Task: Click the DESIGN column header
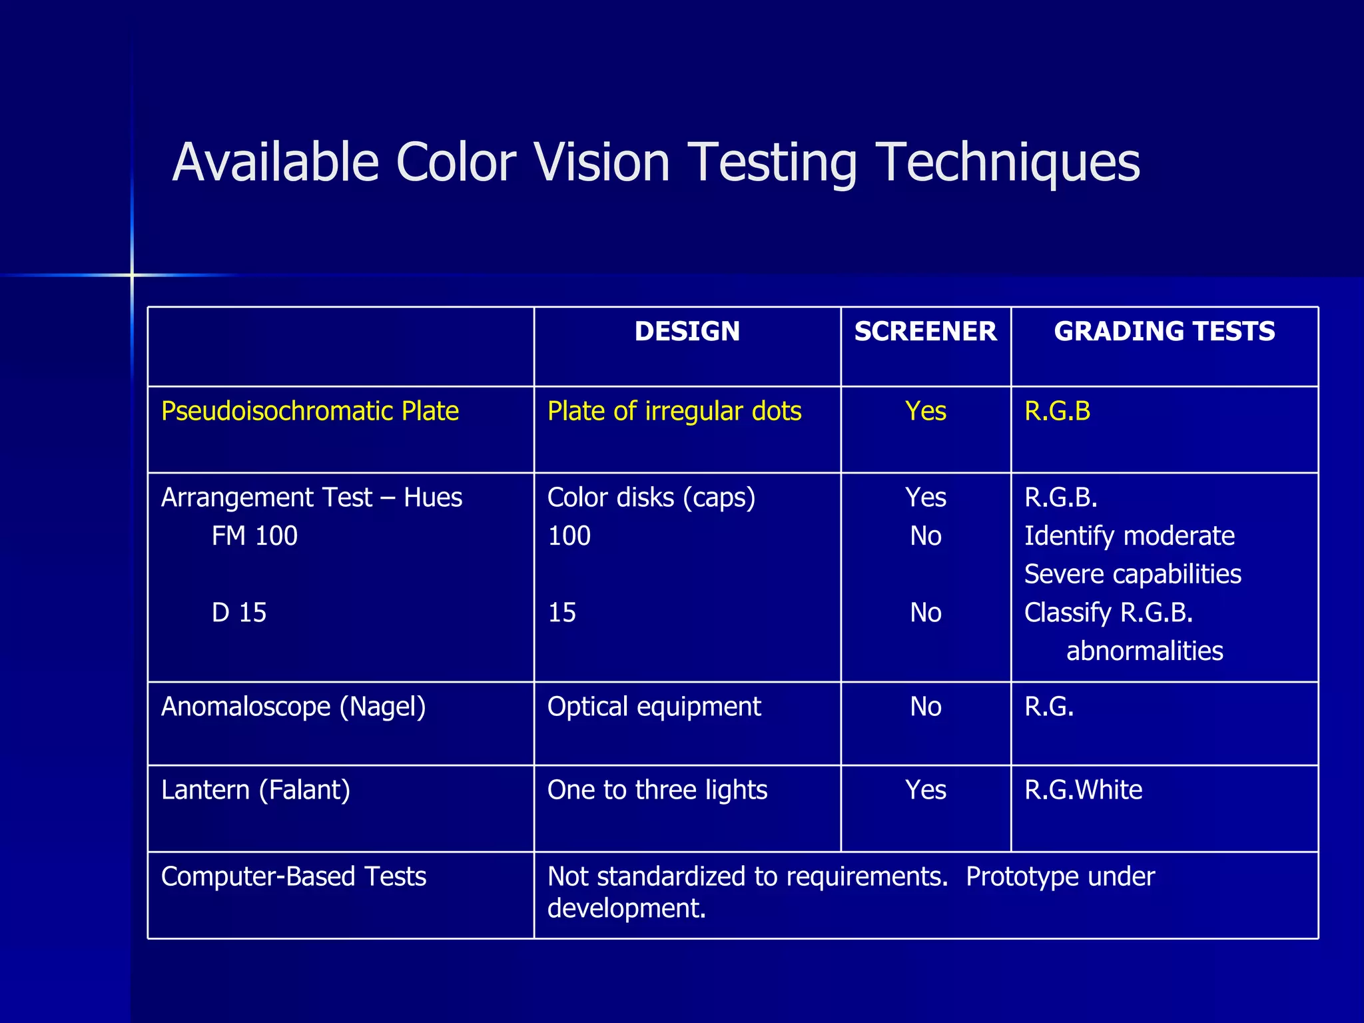tap(687, 331)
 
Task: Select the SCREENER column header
tap(925, 331)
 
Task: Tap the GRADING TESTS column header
tap(1164, 331)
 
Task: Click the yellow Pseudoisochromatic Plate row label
tap(310, 411)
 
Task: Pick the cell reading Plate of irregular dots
tap(674, 411)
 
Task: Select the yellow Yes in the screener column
tap(925, 411)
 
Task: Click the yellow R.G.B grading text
tap(1057, 411)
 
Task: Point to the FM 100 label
tap(254, 535)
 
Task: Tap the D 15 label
tap(238, 612)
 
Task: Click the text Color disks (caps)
tap(651, 498)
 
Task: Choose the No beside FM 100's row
tap(925, 535)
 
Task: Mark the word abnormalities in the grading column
tap(1144, 651)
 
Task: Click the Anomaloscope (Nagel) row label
tap(293, 706)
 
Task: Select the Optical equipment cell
tap(654, 706)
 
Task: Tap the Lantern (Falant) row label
tap(255, 790)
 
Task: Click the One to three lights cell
tap(657, 790)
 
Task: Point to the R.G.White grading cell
tap(1083, 790)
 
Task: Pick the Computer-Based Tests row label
tap(293, 876)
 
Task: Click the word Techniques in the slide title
tap(1007, 163)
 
